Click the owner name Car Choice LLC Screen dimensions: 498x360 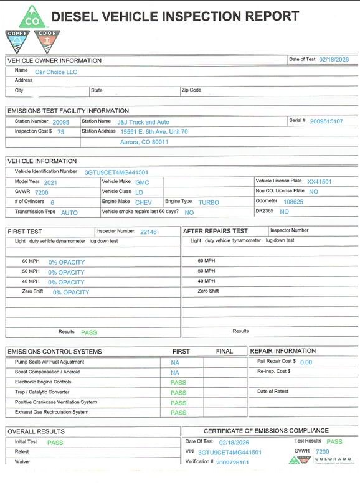pos(55,72)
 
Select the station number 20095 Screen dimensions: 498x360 pos(60,122)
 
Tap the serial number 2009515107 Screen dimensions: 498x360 pos(326,121)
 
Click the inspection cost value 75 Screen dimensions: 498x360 pos(60,132)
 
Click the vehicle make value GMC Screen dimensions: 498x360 pos(142,182)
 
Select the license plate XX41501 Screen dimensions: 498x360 pos(320,182)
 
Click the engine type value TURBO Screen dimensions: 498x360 pos(209,202)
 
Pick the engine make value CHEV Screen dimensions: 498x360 pos(143,202)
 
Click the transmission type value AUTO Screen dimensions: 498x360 pos(69,213)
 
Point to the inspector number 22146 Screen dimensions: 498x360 pos(148,232)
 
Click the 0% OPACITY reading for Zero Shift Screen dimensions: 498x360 pos(70,292)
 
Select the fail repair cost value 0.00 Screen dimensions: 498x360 pos(306,362)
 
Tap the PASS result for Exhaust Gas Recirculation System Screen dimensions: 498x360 pos(178,413)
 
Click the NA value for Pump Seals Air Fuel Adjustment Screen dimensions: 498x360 pos(174,362)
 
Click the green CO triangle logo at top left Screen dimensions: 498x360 pos(29,17)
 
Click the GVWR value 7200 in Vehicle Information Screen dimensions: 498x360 pos(41,192)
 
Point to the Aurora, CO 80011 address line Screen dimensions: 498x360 pos(144,142)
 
